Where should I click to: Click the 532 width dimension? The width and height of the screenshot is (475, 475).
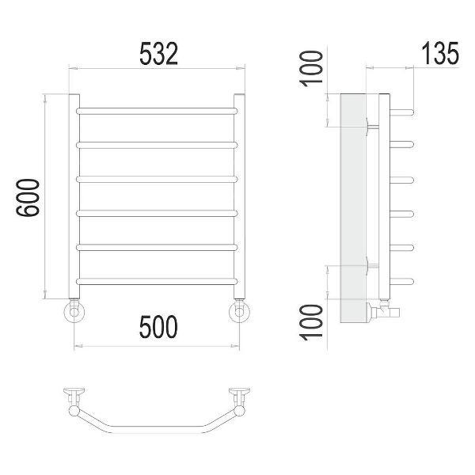(x=158, y=54)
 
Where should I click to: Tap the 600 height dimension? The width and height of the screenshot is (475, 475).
(x=28, y=197)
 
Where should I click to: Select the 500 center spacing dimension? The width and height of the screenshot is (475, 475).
(x=158, y=326)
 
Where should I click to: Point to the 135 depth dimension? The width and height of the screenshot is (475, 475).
(x=440, y=54)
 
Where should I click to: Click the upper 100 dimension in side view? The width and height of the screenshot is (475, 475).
(x=311, y=69)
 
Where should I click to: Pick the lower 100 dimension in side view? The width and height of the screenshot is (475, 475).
(x=311, y=322)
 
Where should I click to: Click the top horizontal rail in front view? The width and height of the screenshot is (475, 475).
(x=157, y=111)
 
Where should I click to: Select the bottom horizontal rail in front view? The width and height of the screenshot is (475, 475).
(x=157, y=281)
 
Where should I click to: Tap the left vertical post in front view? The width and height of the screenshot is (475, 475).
(x=74, y=196)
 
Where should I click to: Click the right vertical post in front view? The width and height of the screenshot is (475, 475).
(x=239, y=196)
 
